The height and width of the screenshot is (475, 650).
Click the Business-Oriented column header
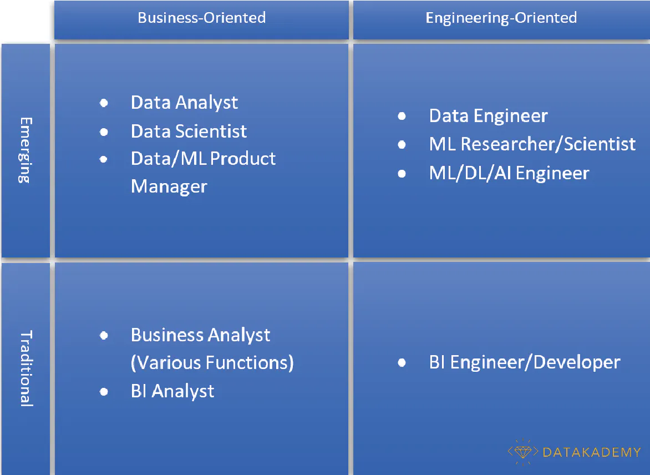201,18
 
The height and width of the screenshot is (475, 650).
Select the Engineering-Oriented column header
501,18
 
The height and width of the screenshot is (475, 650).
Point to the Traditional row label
26,368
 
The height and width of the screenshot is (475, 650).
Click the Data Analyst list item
184,103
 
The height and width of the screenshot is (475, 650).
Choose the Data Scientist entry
189,132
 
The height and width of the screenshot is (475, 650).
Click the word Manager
169,186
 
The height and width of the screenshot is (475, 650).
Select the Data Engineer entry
488,116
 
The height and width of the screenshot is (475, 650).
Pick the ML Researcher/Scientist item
532,144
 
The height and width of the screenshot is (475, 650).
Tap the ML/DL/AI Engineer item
509,173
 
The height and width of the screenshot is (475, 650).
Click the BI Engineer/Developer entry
524,363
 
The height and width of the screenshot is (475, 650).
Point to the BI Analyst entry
172,391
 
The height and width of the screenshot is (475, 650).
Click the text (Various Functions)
212,363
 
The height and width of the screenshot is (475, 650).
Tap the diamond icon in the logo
522,452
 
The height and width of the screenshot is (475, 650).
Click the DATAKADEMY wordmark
591,452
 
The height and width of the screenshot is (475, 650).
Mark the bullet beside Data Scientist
104,132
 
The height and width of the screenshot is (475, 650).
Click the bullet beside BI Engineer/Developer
402,363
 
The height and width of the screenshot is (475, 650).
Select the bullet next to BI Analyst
104,392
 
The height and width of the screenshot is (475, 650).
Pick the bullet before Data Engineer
402,117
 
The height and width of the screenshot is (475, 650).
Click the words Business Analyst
200,335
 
